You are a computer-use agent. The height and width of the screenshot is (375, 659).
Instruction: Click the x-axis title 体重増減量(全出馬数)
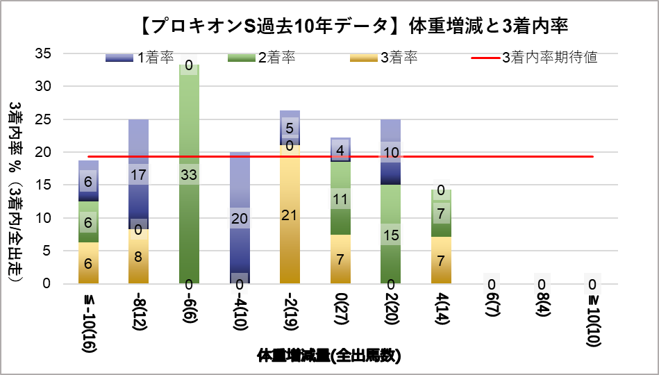(328, 356)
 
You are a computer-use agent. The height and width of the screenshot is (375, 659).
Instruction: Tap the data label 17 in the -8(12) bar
(138, 174)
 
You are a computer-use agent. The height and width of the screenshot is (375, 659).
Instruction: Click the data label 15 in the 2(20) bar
(390, 235)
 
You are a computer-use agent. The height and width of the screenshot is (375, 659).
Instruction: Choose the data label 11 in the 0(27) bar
(340, 199)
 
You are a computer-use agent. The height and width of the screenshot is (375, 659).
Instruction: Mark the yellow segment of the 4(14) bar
(441, 260)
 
